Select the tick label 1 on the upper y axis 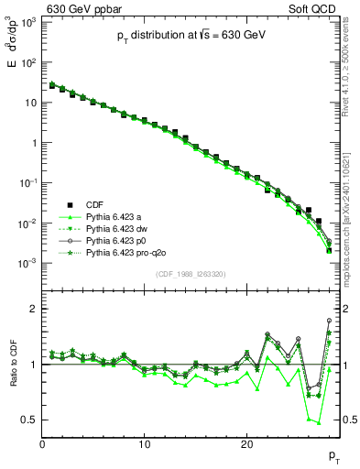tap(31, 143)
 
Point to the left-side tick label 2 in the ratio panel tap(33, 309)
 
